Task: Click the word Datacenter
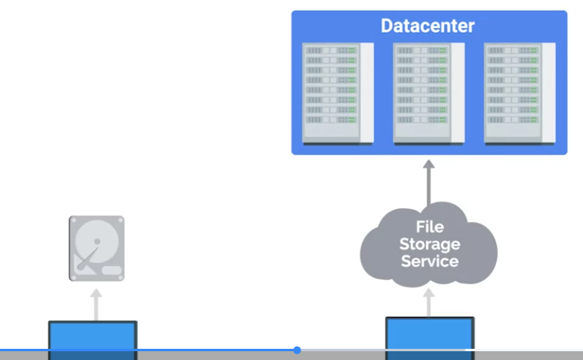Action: pyautogui.click(x=427, y=26)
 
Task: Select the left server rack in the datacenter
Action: pyautogui.click(x=338, y=93)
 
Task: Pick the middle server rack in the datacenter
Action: pyautogui.click(x=429, y=93)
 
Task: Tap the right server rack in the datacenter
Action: pyautogui.click(x=519, y=93)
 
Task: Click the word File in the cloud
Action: pyautogui.click(x=430, y=227)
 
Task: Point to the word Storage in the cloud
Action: pyautogui.click(x=430, y=244)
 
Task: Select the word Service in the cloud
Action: pyautogui.click(x=430, y=261)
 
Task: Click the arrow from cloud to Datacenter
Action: pyautogui.click(x=429, y=182)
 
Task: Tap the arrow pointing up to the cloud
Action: pyautogui.click(x=429, y=303)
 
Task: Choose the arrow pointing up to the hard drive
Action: pyautogui.click(x=96, y=305)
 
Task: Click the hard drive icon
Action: pyautogui.click(x=97, y=248)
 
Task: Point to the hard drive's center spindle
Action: pyautogui.click(x=97, y=242)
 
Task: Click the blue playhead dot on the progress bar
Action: pyautogui.click(x=297, y=350)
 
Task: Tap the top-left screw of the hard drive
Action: pyautogui.click(x=73, y=220)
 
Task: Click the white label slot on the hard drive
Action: pyautogui.click(x=112, y=270)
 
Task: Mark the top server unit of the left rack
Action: pyautogui.click(x=331, y=50)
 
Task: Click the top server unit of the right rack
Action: pyautogui.click(x=513, y=50)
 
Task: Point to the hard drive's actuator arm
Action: pyautogui.click(x=88, y=258)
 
